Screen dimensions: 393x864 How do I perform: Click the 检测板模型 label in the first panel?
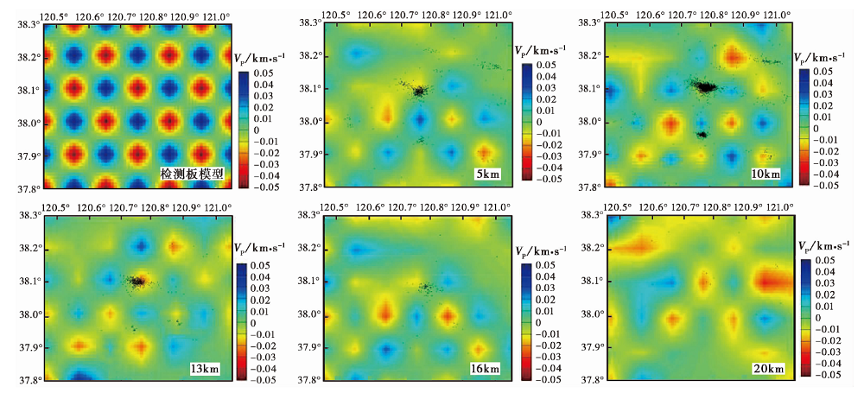[x=192, y=174]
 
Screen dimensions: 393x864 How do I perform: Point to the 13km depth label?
[x=205, y=370]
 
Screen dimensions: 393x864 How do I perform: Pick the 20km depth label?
[x=767, y=370]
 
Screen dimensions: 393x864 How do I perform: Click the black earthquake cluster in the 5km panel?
[x=418, y=90]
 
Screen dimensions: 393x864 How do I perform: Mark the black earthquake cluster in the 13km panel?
[x=137, y=281]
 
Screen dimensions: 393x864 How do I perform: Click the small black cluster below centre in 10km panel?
[x=702, y=135]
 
